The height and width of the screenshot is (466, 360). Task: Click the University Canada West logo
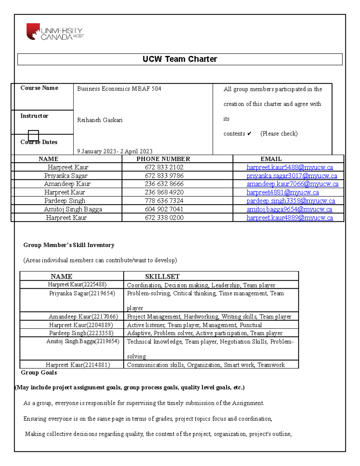coord(55,32)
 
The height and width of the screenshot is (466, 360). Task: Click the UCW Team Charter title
coord(180,59)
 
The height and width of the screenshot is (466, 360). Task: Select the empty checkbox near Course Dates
coord(33,135)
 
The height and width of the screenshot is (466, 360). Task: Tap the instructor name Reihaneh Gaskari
coord(100,120)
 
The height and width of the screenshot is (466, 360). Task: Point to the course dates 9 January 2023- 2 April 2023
coord(115,151)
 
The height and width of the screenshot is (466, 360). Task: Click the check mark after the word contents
coord(249,134)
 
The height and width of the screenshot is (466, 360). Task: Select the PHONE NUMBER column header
coord(163,159)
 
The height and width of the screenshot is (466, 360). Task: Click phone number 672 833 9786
coord(164,176)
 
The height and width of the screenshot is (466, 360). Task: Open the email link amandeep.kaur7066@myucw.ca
coord(292,184)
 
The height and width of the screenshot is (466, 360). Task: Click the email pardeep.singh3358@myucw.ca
coord(290,201)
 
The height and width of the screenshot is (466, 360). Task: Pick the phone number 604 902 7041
coord(164,209)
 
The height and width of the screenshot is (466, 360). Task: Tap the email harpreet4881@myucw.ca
coord(283,192)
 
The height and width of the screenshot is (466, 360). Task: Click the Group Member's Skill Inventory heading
coord(69,245)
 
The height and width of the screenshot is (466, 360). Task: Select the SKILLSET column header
coord(162,276)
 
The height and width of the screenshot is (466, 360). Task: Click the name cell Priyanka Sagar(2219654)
coord(82,293)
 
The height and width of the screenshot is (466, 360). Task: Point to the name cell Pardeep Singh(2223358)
coord(81,333)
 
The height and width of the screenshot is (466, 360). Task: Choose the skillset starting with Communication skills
coord(205,365)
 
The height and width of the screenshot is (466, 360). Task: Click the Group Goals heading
coord(39,372)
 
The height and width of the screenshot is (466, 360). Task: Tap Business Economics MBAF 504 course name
coord(119,89)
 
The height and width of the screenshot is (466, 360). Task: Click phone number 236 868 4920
coord(164,192)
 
